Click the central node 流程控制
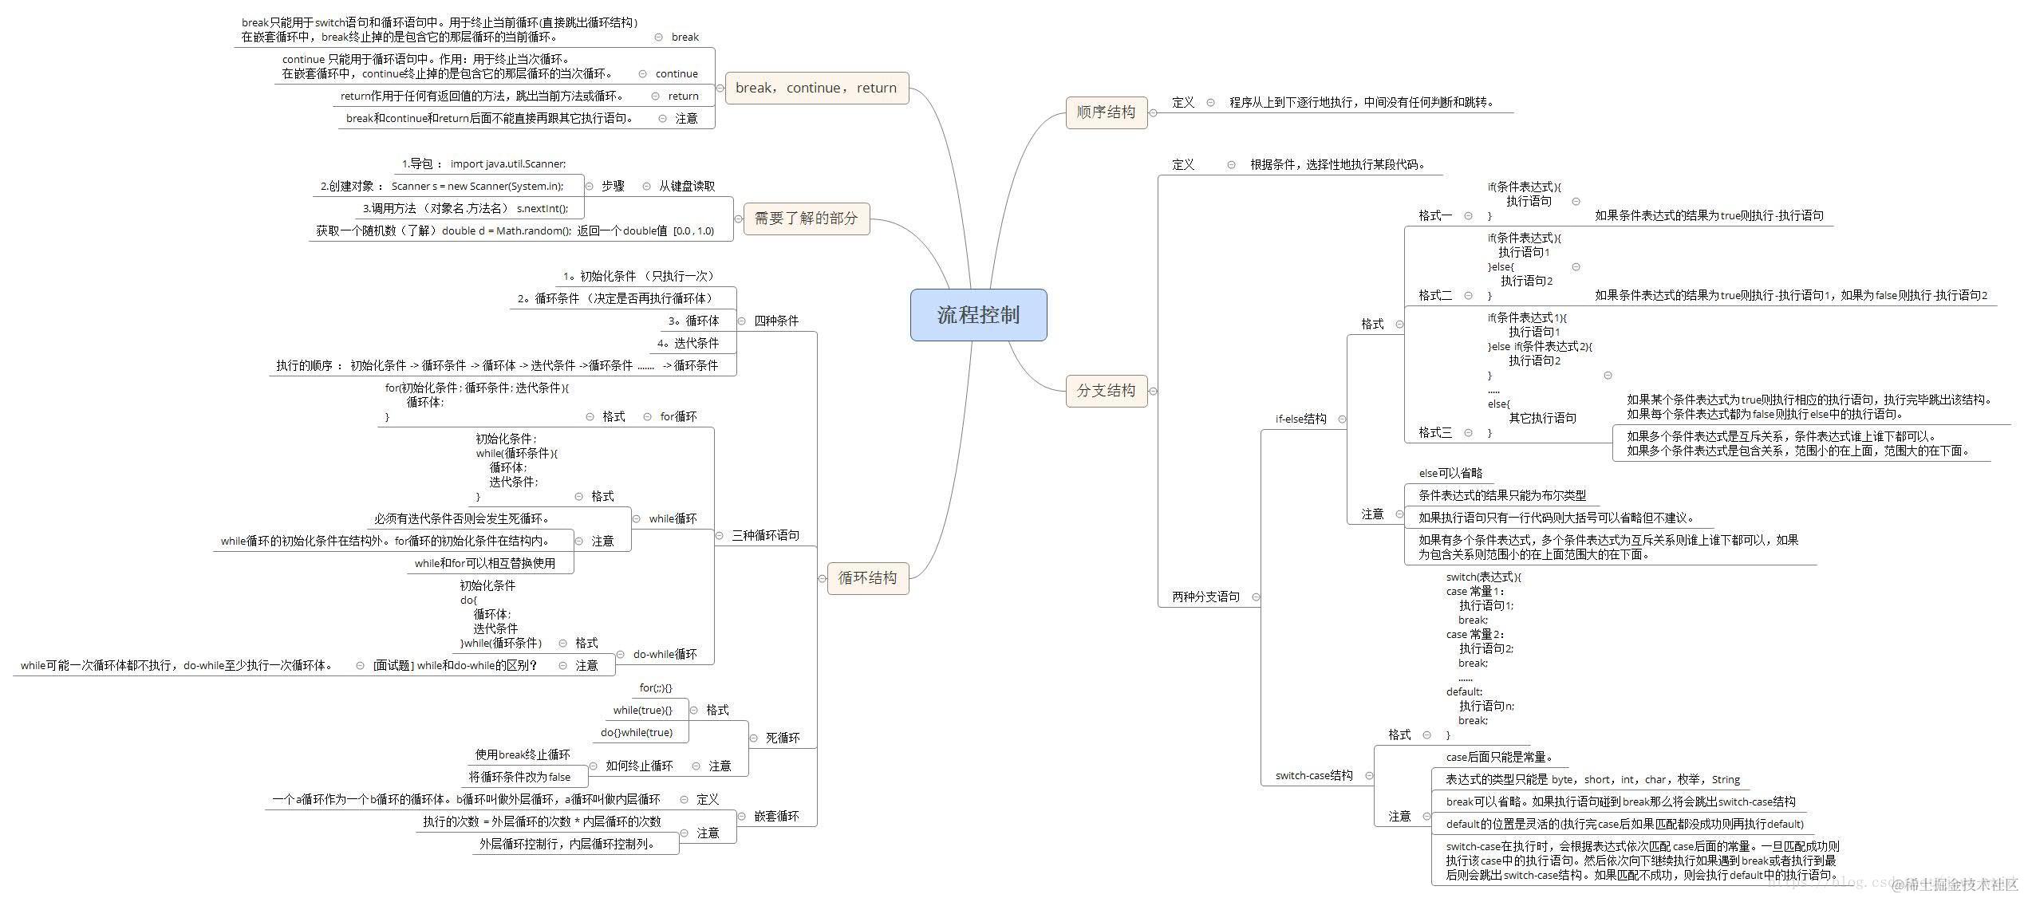978,315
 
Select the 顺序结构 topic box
1106,112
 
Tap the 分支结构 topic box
1106,390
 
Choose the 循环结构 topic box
867,577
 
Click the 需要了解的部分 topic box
806,218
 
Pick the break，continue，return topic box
815,88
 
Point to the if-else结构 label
1300,419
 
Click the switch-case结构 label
1314,775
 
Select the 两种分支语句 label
1205,597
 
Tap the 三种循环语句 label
765,535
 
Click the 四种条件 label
776,321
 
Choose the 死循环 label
782,738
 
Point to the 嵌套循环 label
776,816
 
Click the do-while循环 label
665,654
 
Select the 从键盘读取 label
686,186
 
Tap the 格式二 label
1435,295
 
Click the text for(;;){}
656,687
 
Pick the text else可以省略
1450,473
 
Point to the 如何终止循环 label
639,766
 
